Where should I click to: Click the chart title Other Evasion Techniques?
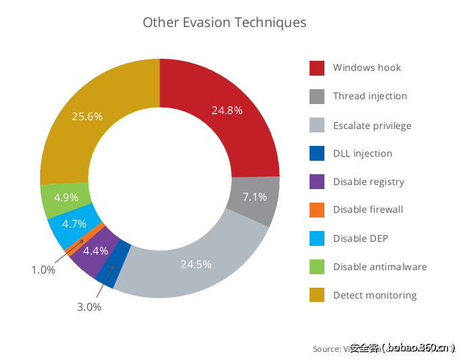[224, 22]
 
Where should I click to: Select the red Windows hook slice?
[226, 111]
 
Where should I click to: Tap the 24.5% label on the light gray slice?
[196, 264]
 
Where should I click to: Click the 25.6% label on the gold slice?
[87, 116]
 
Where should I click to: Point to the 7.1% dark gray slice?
[255, 197]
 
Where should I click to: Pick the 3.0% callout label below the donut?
[89, 307]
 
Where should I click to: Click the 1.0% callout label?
[43, 270]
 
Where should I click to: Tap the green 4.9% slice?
[66, 198]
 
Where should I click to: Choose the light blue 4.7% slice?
[74, 224]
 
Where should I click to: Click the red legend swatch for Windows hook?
[318, 68]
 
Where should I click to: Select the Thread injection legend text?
[370, 96]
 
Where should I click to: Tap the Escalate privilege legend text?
[372, 126]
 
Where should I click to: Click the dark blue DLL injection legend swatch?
[318, 153]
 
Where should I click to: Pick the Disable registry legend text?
[368, 182]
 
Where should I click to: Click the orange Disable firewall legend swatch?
[318, 210]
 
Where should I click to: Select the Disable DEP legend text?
[360, 238]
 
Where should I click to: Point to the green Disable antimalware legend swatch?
[318, 267]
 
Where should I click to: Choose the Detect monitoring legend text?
[374, 295]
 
